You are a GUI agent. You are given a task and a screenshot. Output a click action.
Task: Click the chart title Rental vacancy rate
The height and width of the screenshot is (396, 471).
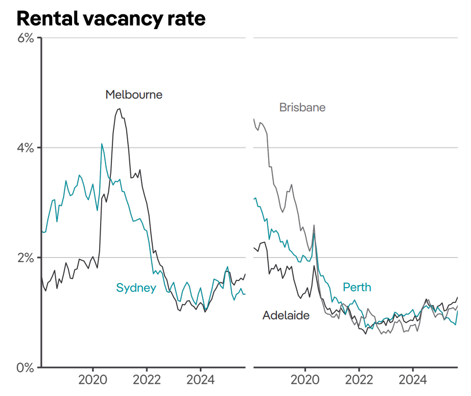(x=111, y=18)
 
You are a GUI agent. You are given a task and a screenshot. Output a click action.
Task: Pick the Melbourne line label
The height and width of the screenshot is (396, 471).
(x=134, y=95)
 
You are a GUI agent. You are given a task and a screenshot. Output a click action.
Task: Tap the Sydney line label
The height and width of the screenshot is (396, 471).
(x=136, y=288)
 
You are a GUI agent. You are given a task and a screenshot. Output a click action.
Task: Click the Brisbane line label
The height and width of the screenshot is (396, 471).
(x=302, y=107)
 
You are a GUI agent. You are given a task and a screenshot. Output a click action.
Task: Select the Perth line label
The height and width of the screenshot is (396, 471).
(x=357, y=287)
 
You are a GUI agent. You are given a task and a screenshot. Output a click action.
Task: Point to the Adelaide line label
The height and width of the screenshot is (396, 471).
(x=286, y=315)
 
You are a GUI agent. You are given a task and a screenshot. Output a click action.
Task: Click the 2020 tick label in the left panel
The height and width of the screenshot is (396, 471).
(x=93, y=380)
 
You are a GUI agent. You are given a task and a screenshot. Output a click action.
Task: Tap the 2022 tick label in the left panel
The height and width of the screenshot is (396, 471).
(x=147, y=380)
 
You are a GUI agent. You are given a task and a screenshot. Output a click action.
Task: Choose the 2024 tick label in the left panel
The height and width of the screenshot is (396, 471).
(x=200, y=380)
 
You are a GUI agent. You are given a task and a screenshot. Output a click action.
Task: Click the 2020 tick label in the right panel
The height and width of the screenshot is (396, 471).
(x=305, y=380)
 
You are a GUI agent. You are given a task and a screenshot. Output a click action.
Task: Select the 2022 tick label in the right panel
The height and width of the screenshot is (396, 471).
(x=359, y=380)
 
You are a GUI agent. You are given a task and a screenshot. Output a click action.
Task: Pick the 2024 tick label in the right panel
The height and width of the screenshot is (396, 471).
(x=413, y=380)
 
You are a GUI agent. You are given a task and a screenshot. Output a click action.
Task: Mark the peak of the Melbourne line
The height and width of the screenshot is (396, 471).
(x=120, y=108)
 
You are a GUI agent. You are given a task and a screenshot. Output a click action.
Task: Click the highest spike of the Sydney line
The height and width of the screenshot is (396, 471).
(x=102, y=144)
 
